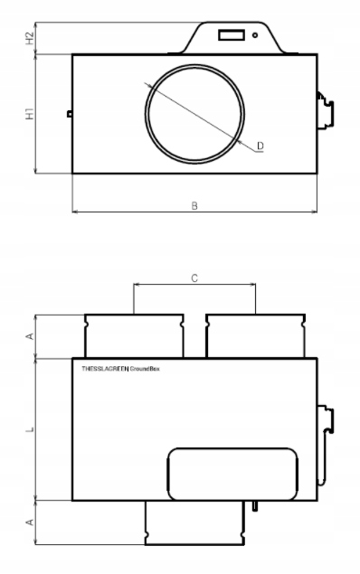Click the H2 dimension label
click(30, 38)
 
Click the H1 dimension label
click(30, 115)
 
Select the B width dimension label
click(194, 206)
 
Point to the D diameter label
click(260, 146)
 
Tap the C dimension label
click(194, 278)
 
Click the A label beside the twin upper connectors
click(30, 336)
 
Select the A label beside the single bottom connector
click(30, 522)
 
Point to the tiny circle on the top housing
click(257, 35)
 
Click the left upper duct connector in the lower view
click(134, 335)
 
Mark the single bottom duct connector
click(194, 523)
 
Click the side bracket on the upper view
click(325, 111)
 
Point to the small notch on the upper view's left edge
click(70, 114)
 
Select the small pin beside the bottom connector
click(258, 504)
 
